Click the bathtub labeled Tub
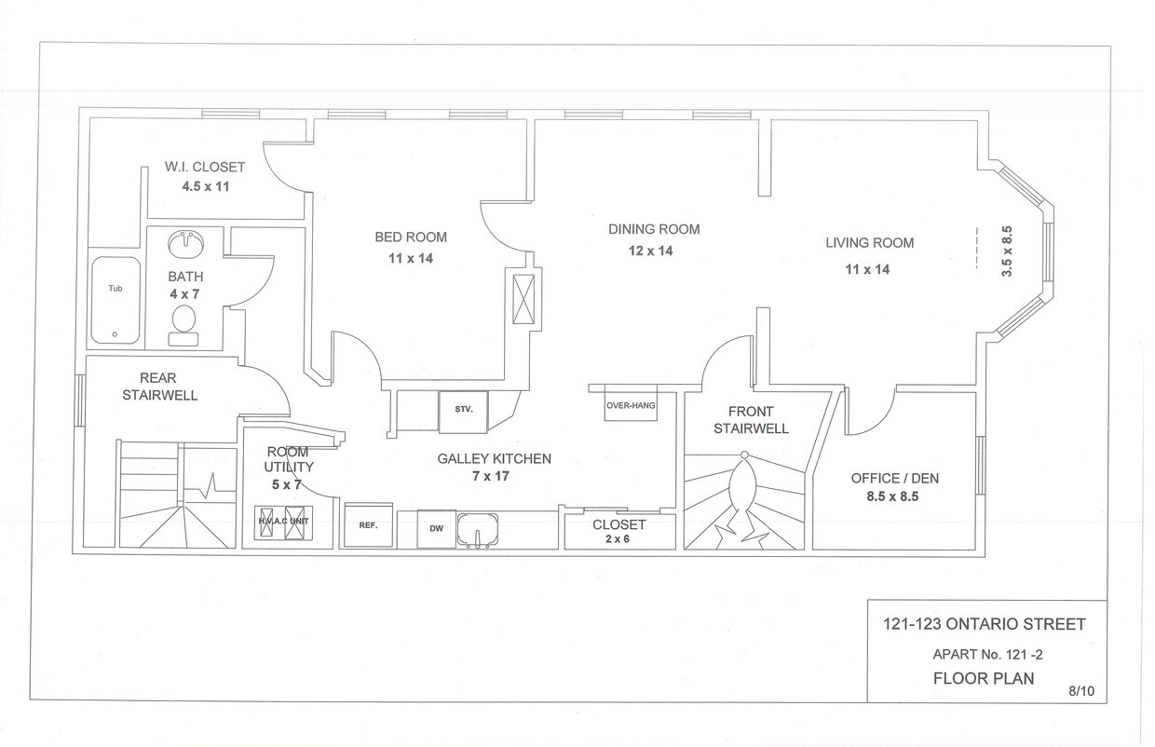pos(115,300)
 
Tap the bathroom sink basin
pos(185,244)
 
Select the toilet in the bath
pos(183,325)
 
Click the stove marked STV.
pos(463,412)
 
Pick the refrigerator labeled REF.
pos(368,525)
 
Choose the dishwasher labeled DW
pos(436,529)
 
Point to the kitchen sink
pos(478,529)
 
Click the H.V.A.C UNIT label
pos(283,522)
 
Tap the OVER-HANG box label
pos(631,406)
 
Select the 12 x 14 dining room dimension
pos(651,251)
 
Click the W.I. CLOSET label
pos(205,167)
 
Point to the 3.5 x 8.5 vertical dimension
pos(1007,251)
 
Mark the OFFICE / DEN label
pos(894,479)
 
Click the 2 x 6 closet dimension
pos(618,539)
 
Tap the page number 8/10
pos(1081,691)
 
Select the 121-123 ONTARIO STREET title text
pos(985,624)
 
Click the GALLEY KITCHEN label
pos(494,459)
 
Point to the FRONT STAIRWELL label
pos(751,420)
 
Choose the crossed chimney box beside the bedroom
pos(523,300)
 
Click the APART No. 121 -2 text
pos(987,655)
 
